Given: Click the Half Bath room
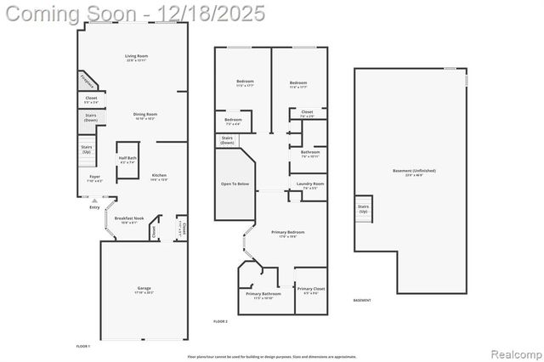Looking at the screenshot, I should click(x=127, y=160).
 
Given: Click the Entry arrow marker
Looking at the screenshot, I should click(x=94, y=200).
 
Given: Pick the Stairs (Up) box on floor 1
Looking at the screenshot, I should click(x=87, y=150).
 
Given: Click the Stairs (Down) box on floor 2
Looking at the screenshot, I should click(x=228, y=140).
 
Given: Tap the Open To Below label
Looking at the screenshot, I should click(x=235, y=184).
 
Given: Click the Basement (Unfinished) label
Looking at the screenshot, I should click(x=414, y=171).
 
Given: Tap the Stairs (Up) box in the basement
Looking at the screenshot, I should click(x=364, y=207).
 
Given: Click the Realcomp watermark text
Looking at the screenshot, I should click(x=514, y=353).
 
